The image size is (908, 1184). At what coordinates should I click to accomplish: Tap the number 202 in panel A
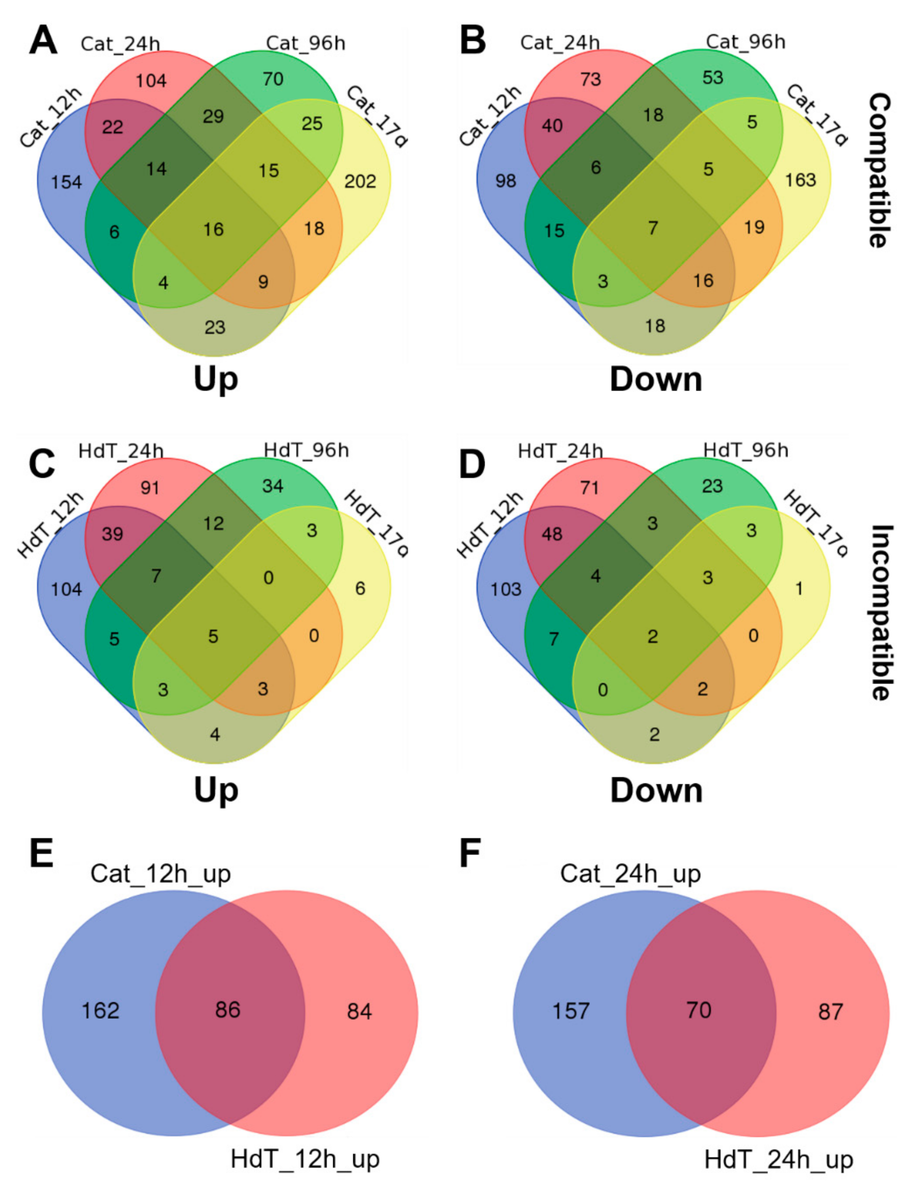[x=360, y=181]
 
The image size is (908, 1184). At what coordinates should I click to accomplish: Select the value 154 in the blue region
[x=67, y=182]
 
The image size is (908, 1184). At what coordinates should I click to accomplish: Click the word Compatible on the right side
[x=880, y=170]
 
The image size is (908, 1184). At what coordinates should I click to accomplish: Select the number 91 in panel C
[x=150, y=488]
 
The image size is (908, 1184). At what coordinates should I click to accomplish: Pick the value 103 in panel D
[x=506, y=589]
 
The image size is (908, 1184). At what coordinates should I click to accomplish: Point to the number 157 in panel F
[x=570, y=1010]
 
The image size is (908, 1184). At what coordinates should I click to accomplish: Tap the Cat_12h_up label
[x=160, y=874]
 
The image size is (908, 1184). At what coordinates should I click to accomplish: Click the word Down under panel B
[x=656, y=380]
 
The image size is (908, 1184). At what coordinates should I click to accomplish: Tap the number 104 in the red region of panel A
[x=151, y=81]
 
